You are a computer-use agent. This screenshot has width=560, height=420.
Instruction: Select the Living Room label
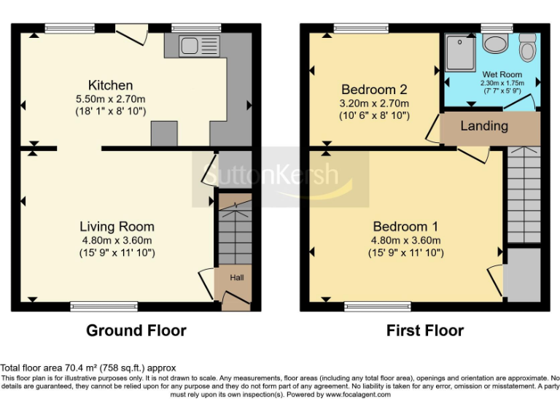(x=117, y=226)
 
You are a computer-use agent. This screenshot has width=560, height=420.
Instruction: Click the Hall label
(x=238, y=278)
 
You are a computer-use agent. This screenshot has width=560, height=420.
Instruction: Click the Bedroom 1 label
(x=406, y=226)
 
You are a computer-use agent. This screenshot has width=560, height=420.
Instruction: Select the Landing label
(x=484, y=126)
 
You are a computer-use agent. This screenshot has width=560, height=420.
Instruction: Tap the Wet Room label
(x=502, y=74)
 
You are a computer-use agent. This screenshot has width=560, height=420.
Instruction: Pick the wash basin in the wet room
(x=497, y=44)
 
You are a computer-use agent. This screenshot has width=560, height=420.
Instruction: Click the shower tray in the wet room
(x=462, y=52)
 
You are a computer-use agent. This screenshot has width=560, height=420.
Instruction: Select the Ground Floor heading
(x=136, y=330)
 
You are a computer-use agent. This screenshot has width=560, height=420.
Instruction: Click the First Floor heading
(x=424, y=330)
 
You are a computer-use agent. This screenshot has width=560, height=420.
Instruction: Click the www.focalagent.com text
(x=357, y=394)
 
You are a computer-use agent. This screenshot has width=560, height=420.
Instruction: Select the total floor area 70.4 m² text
(x=88, y=368)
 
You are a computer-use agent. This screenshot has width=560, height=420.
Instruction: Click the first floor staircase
(x=524, y=195)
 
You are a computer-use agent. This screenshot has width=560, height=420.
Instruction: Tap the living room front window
(x=104, y=306)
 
